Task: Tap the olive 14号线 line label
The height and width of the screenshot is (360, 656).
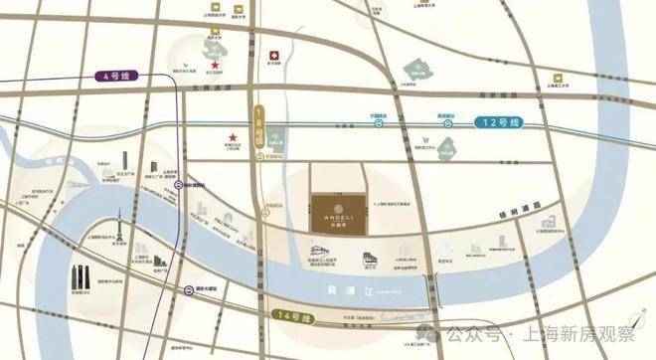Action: pos(288,317)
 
